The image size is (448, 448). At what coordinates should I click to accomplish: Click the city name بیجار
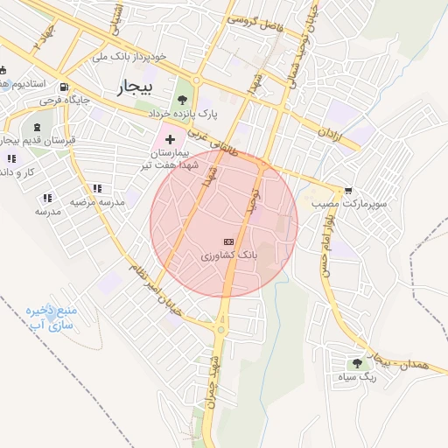[133, 87]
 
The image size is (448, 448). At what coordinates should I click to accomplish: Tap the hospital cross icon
[170, 139]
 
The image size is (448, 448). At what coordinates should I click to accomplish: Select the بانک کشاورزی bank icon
[229, 241]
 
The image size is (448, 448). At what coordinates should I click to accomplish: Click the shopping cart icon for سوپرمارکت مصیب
[348, 190]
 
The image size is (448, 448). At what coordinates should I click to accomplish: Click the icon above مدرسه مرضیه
[97, 188]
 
